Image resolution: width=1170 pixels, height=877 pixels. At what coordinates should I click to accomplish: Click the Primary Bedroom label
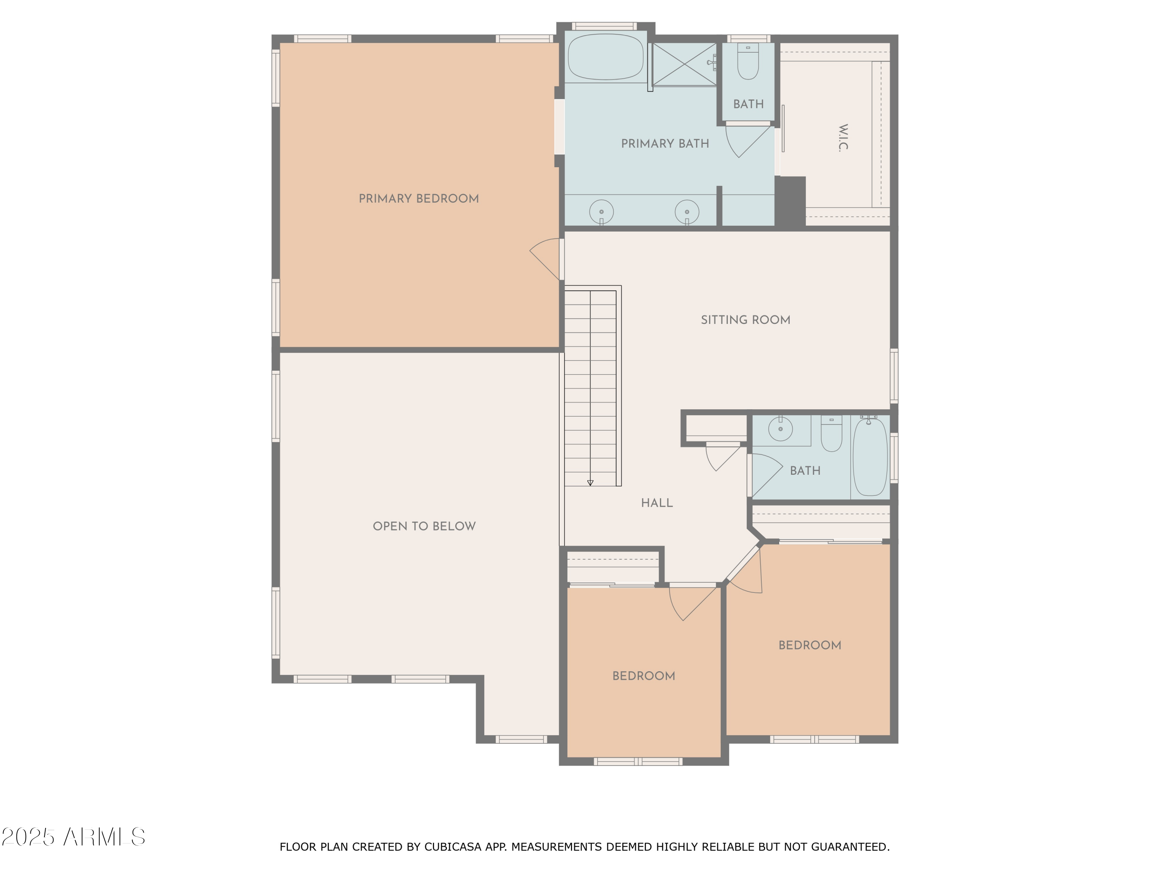418,199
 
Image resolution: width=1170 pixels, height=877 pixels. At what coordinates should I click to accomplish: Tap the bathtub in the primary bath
606,57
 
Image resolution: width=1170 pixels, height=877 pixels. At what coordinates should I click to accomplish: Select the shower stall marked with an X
684,64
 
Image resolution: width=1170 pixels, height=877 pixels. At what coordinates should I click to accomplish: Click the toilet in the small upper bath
748,62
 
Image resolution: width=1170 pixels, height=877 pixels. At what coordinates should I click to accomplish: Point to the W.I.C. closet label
843,138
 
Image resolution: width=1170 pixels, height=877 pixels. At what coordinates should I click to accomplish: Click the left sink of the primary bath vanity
601,212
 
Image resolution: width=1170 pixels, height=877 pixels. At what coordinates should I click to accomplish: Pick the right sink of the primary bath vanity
686,212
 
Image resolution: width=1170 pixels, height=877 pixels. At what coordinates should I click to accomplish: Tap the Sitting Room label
745,320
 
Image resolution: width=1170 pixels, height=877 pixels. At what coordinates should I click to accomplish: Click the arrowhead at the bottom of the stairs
590,483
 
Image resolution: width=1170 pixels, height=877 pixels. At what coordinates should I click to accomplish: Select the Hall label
656,503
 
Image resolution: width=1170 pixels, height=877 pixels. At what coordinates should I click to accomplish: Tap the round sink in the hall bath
780,429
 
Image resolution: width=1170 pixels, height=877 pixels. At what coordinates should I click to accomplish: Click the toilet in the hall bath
831,435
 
